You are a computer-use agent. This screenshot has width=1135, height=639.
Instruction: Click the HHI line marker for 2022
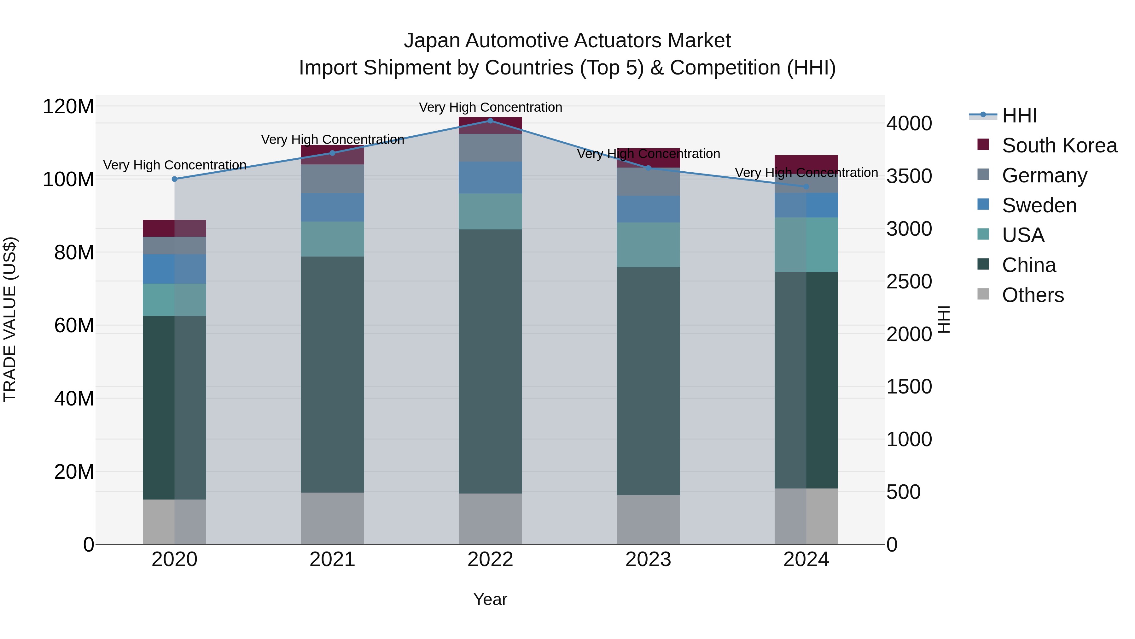(x=490, y=121)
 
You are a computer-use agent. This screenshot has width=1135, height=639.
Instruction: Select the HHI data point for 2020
(x=174, y=179)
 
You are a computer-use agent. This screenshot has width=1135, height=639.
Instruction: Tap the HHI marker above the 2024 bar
(x=806, y=186)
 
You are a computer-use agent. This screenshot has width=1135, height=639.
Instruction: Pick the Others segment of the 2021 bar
(x=332, y=518)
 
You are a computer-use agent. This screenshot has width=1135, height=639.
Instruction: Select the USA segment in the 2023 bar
(x=648, y=245)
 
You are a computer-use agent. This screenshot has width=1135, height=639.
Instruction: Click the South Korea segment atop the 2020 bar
(x=174, y=228)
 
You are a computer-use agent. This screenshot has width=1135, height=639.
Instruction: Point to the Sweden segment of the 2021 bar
(x=332, y=207)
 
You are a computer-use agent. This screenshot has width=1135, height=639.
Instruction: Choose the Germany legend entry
(x=1044, y=175)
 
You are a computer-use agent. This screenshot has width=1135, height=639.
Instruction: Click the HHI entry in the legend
(x=1019, y=115)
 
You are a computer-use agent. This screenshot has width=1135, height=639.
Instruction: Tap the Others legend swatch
(x=983, y=294)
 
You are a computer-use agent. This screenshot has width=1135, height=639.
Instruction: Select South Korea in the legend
(x=1059, y=145)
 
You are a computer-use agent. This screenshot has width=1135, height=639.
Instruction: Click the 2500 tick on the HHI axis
(x=909, y=282)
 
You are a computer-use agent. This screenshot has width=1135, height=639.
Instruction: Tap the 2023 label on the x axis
(x=648, y=559)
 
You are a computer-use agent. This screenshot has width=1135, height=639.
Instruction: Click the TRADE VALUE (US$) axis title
(x=10, y=319)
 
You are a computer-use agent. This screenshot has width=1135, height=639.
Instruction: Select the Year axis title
(x=490, y=599)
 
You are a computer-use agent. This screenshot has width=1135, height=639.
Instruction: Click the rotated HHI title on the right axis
(x=944, y=319)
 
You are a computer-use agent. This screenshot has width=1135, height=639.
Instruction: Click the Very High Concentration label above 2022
(x=490, y=107)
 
